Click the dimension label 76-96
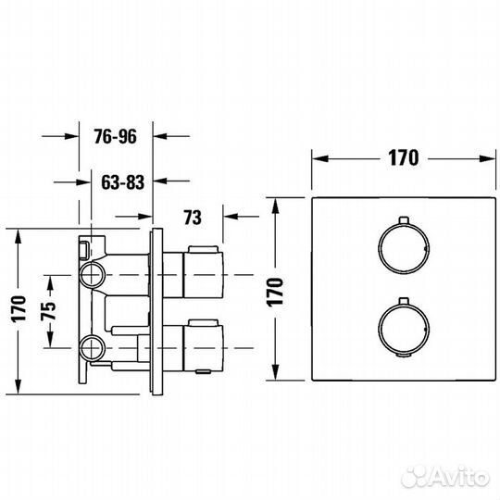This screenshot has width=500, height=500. point(116,137)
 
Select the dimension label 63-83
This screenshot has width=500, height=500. point(123,182)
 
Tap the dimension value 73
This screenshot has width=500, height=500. point(193,218)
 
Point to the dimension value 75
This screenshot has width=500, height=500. point(48,310)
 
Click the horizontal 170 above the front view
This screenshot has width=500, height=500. point(403,157)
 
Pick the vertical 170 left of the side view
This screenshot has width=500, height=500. point(19,309)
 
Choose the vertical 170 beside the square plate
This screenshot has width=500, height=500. point(275,293)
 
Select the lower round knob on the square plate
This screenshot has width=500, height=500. point(404,329)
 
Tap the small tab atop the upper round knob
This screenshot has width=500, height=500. point(404,219)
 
